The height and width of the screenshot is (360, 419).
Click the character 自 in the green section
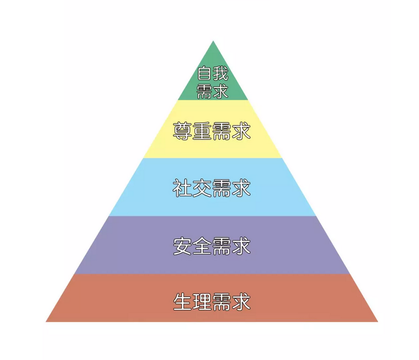(x=204, y=73)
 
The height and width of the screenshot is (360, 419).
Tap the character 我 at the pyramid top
(x=221, y=73)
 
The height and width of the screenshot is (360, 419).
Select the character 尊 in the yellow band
(x=182, y=131)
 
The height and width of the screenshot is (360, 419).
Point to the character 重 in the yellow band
(x=202, y=131)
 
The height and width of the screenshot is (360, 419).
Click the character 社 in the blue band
(x=182, y=188)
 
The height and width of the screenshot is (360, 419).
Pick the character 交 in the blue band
(x=202, y=188)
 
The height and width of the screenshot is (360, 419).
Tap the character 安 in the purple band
(x=182, y=245)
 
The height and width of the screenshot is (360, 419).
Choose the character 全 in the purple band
(x=202, y=245)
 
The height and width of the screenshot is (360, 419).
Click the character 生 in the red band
(x=182, y=302)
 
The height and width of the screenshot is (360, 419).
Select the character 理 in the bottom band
(x=202, y=302)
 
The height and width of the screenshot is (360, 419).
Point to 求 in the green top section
(x=221, y=91)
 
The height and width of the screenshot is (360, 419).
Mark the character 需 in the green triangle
(x=204, y=91)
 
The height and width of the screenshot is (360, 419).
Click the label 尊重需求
(x=212, y=131)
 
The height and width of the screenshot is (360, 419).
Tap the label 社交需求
(x=212, y=188)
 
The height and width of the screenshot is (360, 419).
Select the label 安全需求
(x=212, y=245)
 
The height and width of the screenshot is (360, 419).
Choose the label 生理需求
(x=212, y=302)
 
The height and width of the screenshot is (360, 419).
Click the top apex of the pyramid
(x=213, y=41)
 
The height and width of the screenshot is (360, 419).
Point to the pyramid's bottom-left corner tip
(x=46, y=321)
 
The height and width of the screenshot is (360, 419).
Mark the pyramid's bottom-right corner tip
(x=378, y=321)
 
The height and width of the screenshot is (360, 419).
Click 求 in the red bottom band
(x=241, y=302)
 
